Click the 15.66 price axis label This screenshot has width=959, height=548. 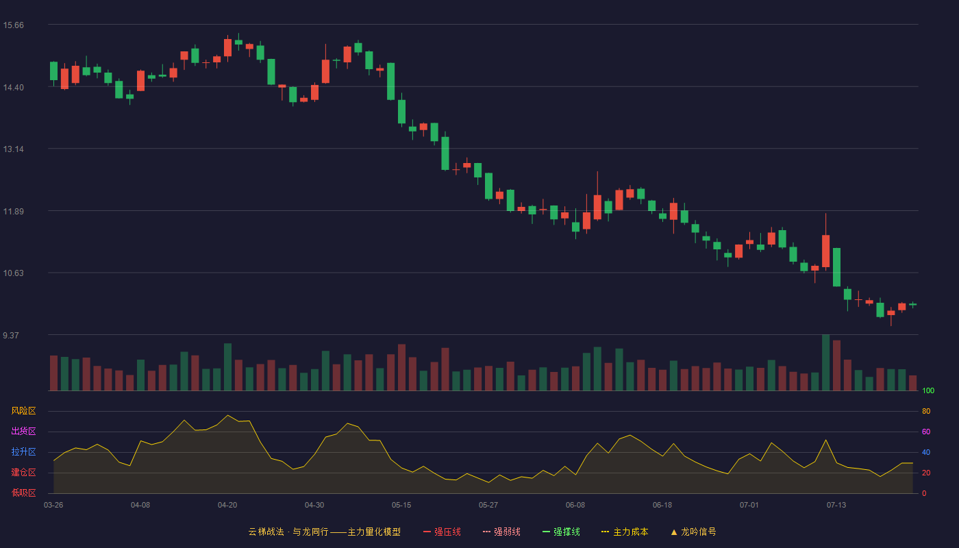tap(13, 25)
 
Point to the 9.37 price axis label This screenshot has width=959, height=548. tap(11, 335)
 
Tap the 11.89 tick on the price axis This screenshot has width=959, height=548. tap(13, 212)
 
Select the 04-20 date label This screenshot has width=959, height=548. tap(227, 506)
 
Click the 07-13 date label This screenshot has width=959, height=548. tap(836, 506)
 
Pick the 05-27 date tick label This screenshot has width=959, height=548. tap(488, 506)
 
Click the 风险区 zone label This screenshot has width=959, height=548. tap(23, 411)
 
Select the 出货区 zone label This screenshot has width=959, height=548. tap(23, 431)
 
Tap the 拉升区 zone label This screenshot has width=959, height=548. tap(23, 451)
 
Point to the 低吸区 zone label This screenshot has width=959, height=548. tap(23, 493)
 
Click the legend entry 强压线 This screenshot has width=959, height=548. tap(443, 532)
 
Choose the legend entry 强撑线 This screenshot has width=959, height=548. tap(561, 532)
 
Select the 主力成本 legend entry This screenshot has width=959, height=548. tap(625, 532)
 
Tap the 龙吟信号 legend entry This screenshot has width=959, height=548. tap(693, 532)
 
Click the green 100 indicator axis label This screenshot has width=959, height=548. tap(928, 390)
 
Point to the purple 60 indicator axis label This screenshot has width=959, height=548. tap(926, 432)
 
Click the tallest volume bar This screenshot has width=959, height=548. tap(826, 362)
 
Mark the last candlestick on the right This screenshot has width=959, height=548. tap(912, 304)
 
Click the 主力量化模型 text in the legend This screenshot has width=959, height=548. tap(374, 532)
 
